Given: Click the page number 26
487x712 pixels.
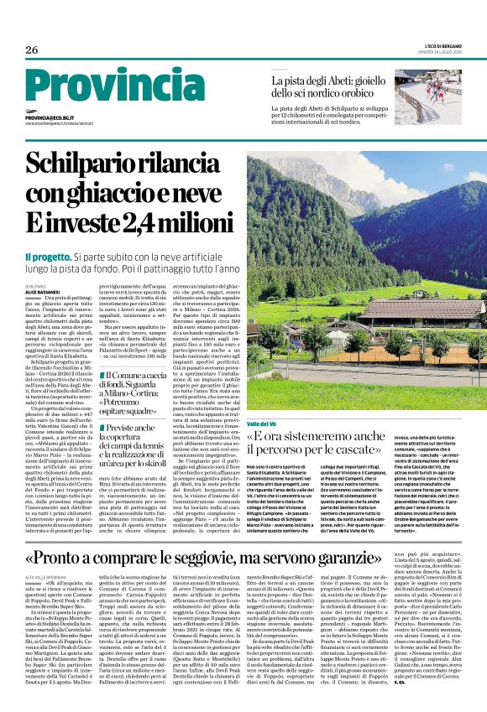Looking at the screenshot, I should (32, 50).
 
